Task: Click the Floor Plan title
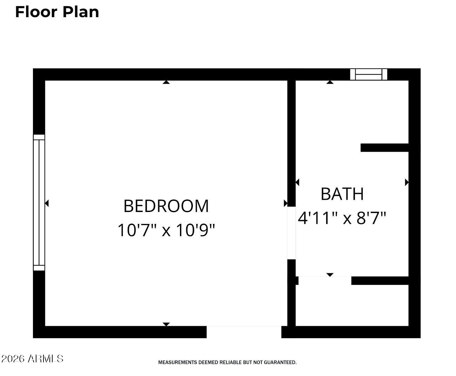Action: (x=57, y=12)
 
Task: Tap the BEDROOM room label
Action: (x=166, y=206)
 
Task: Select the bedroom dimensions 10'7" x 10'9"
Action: (x=166, y=230)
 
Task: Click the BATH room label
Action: (x=342, y=194)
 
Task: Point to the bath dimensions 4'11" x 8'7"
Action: (x=342, y=218)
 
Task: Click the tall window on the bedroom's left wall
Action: (x=39, y=203)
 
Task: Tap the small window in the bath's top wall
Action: (x=369, y=74)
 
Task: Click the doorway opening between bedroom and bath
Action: (x=291, y=233)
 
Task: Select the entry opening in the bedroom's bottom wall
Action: (x=244, y=332)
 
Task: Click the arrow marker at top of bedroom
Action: (x=166, y=82)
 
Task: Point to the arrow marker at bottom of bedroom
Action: (x=166, y=324)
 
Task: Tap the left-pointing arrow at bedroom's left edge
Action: (x=47, y=203)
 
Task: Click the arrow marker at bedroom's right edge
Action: (x=286, y=203)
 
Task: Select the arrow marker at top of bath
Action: (x=330, y=82)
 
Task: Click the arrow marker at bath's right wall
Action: (x=407, y=182)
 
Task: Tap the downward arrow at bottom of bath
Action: (x=330, y=275)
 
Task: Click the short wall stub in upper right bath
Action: (x=384, y=148)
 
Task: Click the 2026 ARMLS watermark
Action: (x=32, y=358)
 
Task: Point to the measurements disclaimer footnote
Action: (x=227, y=362)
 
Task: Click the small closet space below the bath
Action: (x=352, y=305)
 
